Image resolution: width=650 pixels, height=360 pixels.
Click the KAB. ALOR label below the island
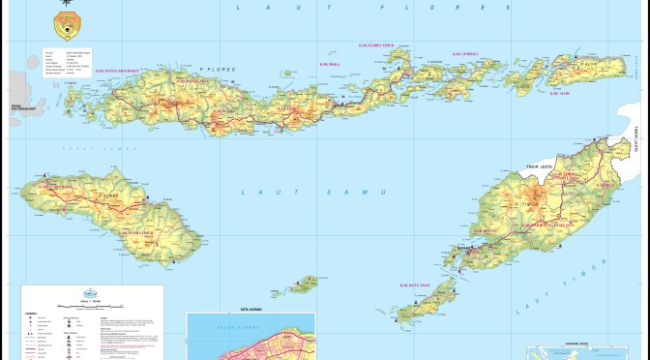(560, 93)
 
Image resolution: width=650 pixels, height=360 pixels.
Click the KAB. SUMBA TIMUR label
(138, 232)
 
